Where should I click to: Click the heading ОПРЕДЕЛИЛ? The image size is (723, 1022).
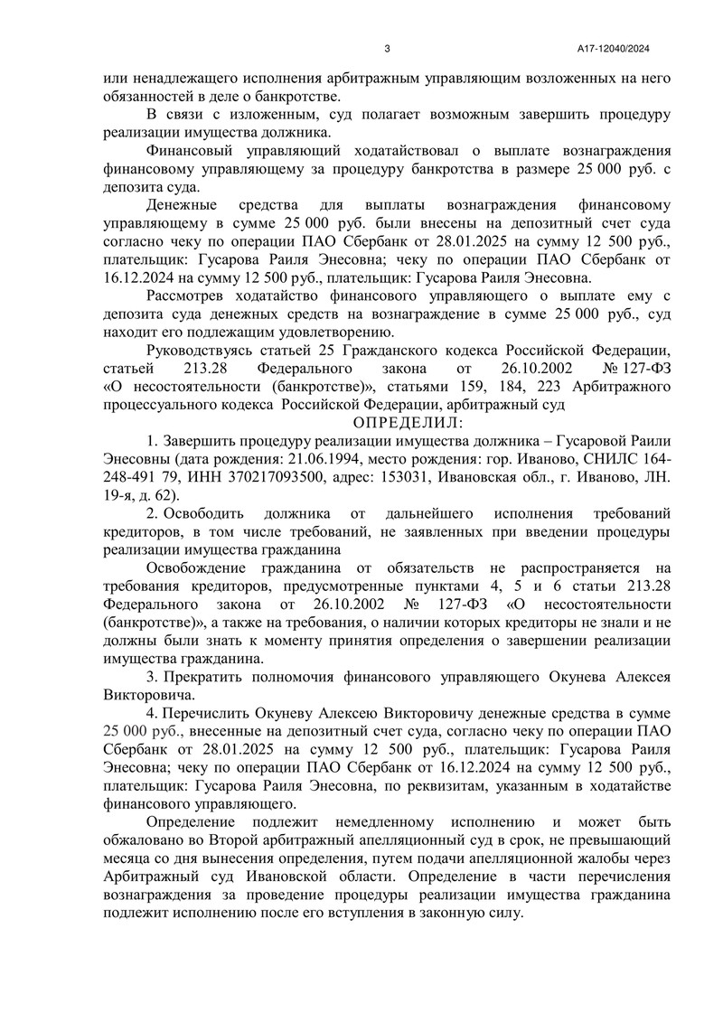point(407,422)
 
